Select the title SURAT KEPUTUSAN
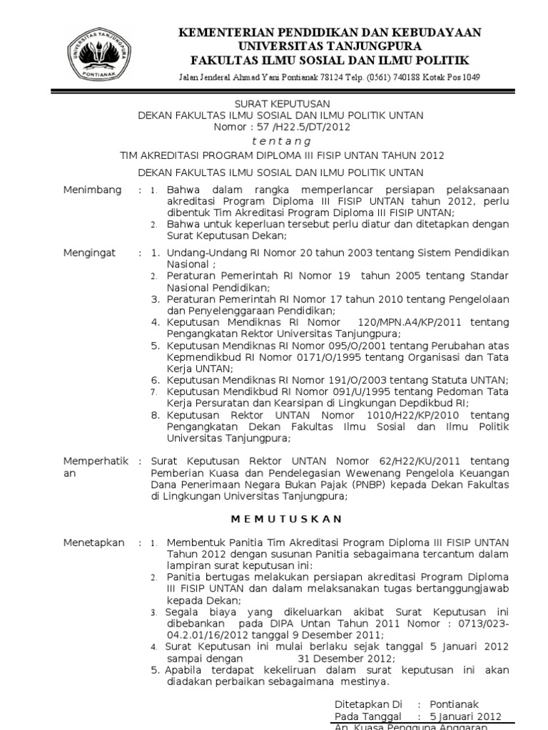coord(280,103)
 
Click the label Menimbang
coord(92,190)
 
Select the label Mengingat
coord(90,253)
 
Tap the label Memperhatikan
coord(96,467)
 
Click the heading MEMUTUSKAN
coord(280,518)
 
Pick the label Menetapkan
coord(93,543)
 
